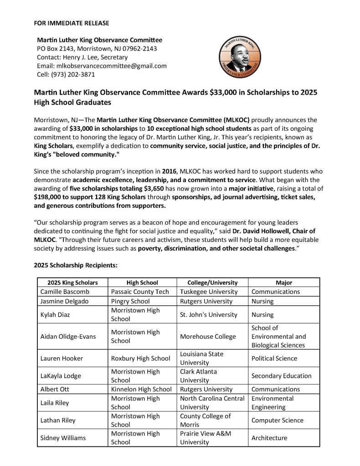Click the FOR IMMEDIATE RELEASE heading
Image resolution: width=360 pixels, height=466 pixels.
tap(72, 23)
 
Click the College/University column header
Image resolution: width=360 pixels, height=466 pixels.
tap(212, 282)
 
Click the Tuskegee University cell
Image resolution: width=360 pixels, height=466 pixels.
tap(209, 292)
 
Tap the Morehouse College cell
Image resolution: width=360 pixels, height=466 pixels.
tap(208, 336)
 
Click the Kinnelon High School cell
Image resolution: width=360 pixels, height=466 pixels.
tap(141, 389)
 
